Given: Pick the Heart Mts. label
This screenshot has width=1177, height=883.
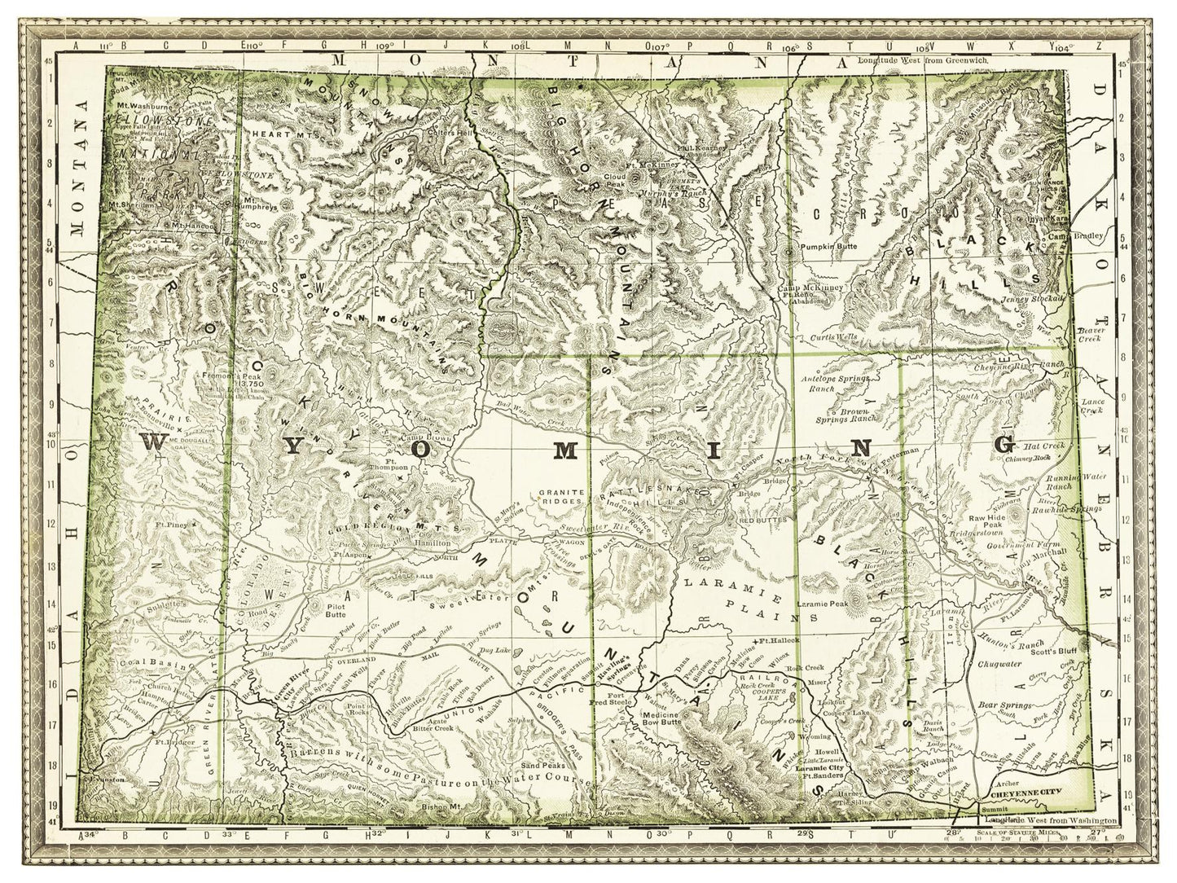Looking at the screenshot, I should coord(275,134).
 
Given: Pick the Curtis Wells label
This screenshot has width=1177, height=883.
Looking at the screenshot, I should coord(835,336).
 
